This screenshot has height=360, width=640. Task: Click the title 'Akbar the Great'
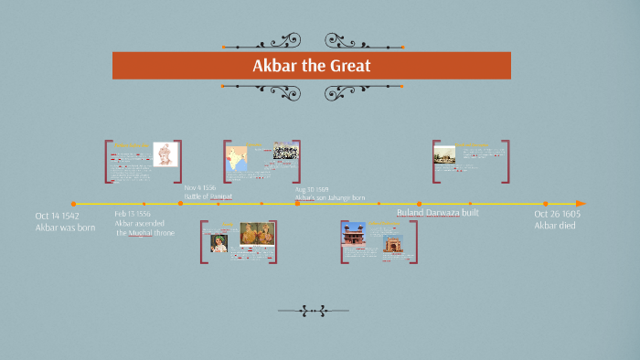tap(311, 66)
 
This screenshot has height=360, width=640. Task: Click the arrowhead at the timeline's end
tap(581, 203)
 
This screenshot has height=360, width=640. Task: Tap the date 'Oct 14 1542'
tap(58, 216)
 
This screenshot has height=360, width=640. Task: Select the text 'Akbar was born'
tap(65, 227)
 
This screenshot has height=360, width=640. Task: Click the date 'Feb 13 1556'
tap(133, 213)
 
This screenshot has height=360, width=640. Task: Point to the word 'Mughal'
tap(140, 233)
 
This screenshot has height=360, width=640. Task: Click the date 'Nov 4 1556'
tap(200, 187)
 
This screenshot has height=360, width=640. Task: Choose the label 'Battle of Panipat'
tap(208, 196)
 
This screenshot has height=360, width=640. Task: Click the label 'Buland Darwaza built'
tap(437, 213)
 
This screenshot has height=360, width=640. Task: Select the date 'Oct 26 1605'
tap(558, 214)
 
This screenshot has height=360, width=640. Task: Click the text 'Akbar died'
tap(555, 225)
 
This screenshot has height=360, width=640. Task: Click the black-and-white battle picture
tap(285, 152)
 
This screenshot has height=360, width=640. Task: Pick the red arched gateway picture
tap(392, 244)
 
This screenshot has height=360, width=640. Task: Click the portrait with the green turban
tap(219, 242)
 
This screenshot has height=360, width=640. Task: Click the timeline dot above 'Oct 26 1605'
tap(546, 204)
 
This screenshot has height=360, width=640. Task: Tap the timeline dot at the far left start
tap(74, 204)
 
